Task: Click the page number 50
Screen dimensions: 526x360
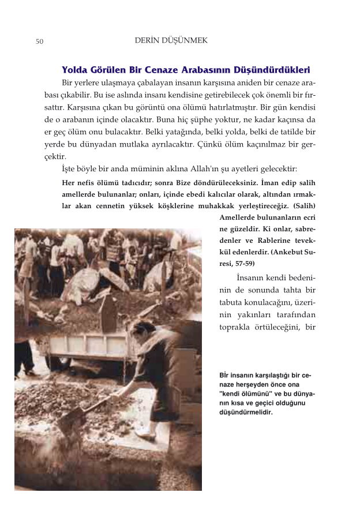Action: coord(39,42)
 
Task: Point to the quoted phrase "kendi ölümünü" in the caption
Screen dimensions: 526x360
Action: coord(245,394)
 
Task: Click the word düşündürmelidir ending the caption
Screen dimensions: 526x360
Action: coord(246,412)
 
